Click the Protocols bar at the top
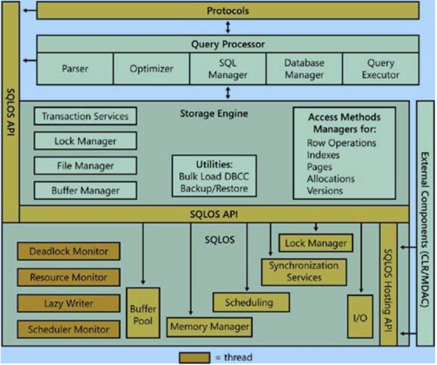228,10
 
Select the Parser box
75,69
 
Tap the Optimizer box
151,69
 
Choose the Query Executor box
381,69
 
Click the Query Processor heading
228,44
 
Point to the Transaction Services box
85,116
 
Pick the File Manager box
85,165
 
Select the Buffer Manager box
85,190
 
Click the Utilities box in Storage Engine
214,176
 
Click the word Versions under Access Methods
325,190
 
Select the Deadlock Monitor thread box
68,252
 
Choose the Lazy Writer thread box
68,304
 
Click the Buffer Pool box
143,313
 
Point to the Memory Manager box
209,326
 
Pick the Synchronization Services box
304,271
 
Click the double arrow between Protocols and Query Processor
228,27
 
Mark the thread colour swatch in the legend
195,358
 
